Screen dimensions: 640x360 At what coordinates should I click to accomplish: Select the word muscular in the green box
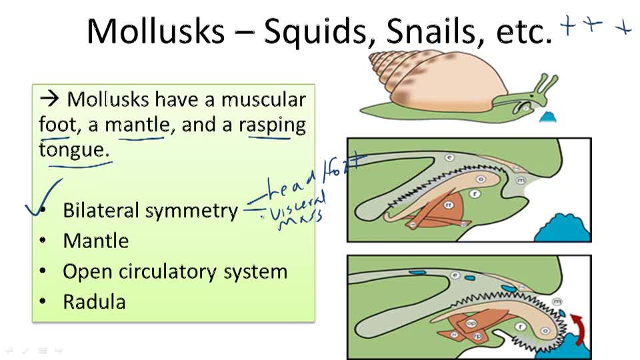[x=263, y=100]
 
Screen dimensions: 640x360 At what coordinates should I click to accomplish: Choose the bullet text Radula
[x=94, y=302]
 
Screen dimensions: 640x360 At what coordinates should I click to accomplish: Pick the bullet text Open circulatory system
[x=175, y=272]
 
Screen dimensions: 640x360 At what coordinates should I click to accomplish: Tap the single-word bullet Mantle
[x=96, y=241]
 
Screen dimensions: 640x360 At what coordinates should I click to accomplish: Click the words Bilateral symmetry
[x=150, y=211]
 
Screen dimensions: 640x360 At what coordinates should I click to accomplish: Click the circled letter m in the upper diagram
[x=521, y=180]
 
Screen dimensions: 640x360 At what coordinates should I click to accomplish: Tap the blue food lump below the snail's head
[x=548, y=119]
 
